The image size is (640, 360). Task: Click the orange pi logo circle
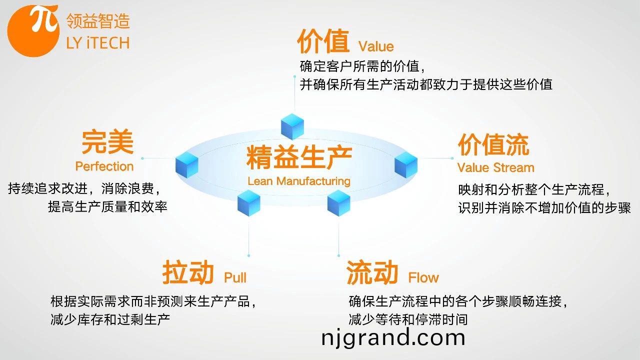pos(33,31)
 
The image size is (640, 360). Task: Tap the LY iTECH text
pos(98,43)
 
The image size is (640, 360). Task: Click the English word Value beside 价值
pos(376,46)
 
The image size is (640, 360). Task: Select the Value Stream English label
pos(495,167)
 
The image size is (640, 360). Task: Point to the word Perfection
pos(104,166)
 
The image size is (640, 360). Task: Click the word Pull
pos(235,277)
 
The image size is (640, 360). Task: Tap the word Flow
pos(423,277)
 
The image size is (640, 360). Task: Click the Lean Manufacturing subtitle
pos(299,181)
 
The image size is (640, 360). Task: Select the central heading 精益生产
pos(299,157)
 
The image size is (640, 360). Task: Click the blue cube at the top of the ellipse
pos(292,126)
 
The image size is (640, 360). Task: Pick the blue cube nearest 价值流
pos(406,165)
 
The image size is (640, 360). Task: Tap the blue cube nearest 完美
pos(187,165)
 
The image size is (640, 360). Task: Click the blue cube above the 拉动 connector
pos(249,203)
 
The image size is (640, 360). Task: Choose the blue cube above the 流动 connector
pos(339,203)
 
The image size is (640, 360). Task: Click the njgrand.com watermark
pos(393,337)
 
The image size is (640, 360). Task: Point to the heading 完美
pos(107,142)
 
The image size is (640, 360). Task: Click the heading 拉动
pos(188,272)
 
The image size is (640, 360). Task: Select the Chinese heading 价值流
pos(493,145)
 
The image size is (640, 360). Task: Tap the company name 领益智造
pos(98,21)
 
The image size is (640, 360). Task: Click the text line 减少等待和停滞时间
pos(408,319)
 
